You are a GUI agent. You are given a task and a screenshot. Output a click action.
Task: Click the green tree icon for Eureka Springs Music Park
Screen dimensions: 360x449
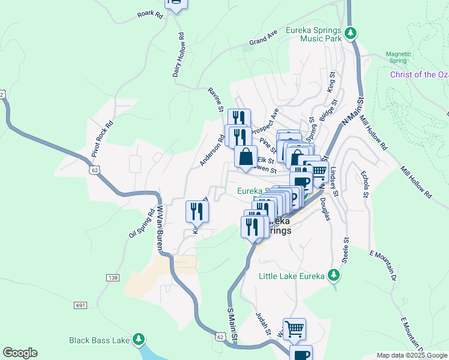(353, 32)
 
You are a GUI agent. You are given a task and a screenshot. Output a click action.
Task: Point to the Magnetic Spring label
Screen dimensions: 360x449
(397, 56)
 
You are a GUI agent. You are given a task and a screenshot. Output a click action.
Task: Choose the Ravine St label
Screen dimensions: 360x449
(215, 98)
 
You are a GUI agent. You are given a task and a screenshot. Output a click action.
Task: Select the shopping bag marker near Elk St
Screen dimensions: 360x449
(246, 157)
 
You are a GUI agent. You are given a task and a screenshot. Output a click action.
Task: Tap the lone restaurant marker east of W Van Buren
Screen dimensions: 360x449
(197, 211)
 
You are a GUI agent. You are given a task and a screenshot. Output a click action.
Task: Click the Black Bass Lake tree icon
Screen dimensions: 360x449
(139, 340)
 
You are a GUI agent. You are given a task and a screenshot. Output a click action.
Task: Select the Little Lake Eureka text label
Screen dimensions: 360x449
(291, 277)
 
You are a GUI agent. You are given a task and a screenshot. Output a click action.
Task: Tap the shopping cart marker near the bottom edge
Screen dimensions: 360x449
(294, 328)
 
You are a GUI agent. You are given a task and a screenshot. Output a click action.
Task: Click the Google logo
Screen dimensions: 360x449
(20, 353)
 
